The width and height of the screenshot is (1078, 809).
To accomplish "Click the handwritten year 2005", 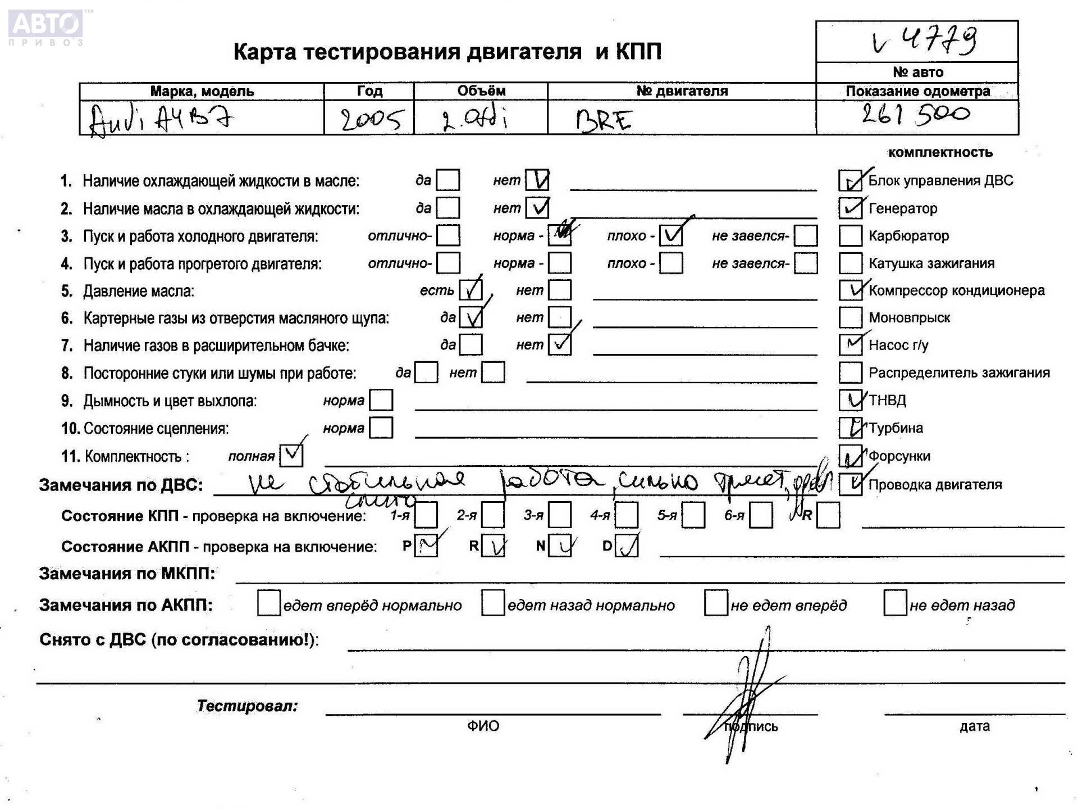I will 371,119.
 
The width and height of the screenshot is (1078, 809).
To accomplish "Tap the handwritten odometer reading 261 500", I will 916,115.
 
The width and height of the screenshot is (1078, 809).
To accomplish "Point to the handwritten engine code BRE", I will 604,120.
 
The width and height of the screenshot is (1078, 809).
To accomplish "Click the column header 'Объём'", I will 481,91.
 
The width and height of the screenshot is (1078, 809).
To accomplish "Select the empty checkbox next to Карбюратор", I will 850,236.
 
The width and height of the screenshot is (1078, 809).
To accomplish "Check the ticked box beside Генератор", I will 850,208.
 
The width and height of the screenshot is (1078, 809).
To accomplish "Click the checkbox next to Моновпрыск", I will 850,317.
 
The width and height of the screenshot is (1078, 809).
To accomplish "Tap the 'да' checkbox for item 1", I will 447,180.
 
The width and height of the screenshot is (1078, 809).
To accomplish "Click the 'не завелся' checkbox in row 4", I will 806,263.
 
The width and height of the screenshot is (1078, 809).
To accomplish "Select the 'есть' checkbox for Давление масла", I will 471,290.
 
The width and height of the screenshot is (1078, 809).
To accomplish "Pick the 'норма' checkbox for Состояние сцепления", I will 381,428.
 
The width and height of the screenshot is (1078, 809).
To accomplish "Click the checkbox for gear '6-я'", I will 761,515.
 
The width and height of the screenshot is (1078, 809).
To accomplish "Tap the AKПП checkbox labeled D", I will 626,546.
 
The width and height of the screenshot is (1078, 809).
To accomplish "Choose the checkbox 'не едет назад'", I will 894,604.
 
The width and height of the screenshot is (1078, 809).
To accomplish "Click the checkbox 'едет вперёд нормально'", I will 268,604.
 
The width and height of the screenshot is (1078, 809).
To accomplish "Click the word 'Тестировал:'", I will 247,706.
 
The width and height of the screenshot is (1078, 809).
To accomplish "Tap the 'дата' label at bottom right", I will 974,726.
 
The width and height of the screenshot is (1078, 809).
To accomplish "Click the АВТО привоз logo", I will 46,26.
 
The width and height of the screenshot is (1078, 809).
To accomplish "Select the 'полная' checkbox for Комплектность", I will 291,456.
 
